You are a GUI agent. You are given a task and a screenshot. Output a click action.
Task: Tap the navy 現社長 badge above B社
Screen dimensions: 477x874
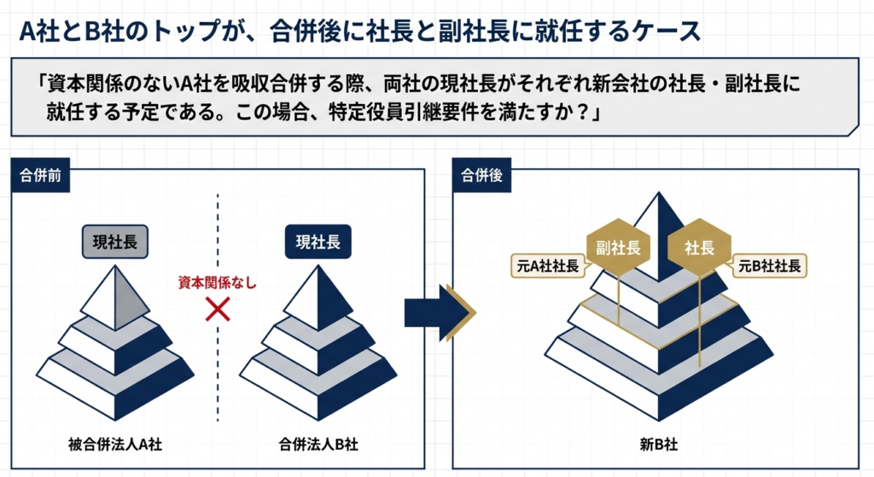click(x=318, y=241)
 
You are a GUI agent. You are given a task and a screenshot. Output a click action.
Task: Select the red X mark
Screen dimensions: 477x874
click(x=218, y=309)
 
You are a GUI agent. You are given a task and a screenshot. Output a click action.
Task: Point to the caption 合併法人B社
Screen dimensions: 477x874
click(x=318, y=444)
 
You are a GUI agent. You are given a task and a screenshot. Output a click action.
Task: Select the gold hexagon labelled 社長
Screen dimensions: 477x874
click(x=700, y=249)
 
